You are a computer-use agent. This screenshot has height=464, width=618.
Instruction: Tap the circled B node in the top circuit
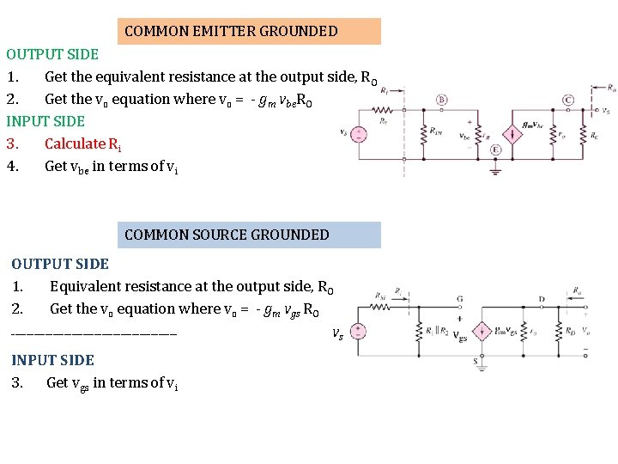coord(441,100)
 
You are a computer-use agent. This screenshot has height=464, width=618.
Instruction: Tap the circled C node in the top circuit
coord(568,100)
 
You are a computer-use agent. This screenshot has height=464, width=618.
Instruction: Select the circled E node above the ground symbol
coord(495,150)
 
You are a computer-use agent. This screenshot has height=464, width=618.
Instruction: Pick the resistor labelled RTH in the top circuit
coord(423,135)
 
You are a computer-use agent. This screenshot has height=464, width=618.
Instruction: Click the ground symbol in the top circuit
coord(495,169)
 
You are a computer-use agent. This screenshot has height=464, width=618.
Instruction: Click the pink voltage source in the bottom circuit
coord(360,333)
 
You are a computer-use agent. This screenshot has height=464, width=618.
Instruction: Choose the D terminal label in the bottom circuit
coord(542,300)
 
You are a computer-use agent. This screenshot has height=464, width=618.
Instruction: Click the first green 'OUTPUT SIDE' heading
coord(52,54)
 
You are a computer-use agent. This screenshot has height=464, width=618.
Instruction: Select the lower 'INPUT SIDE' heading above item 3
coord(52,360)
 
